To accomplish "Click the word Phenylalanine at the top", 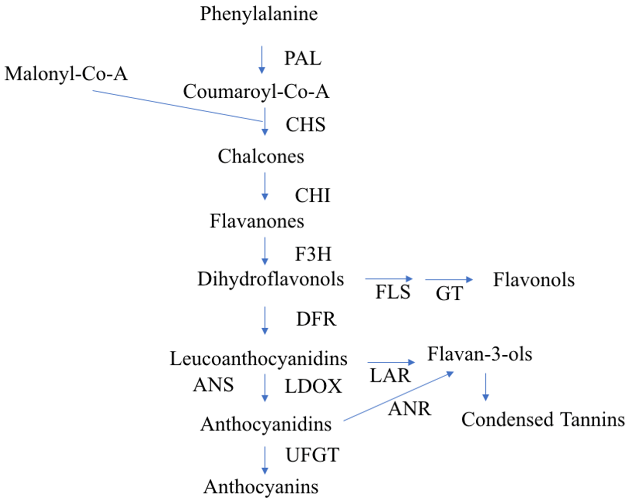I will coord(259,14).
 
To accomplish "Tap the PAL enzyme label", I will coord(303,58).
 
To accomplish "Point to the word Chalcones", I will coord(261,156).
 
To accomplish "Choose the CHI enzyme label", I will coord(313,195).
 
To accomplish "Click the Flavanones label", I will coord(257,221).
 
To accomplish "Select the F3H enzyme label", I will coord(313,254).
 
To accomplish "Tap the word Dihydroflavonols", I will coord(271,279).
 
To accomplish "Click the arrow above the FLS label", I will coord(389,279).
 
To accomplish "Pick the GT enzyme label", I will coord(449,293).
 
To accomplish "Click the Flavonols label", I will coord(534,280).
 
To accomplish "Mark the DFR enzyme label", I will coord(316,319).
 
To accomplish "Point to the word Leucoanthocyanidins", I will coord(258,359).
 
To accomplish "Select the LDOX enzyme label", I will coord(313,387).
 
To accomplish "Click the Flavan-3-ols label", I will coord(480,354).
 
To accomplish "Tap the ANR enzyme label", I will coord(409,409).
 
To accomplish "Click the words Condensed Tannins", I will coord(543,420).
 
